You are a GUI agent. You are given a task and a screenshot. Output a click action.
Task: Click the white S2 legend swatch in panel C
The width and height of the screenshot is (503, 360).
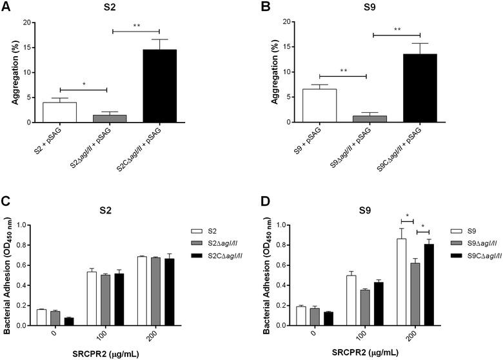(x=197, y=230)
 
